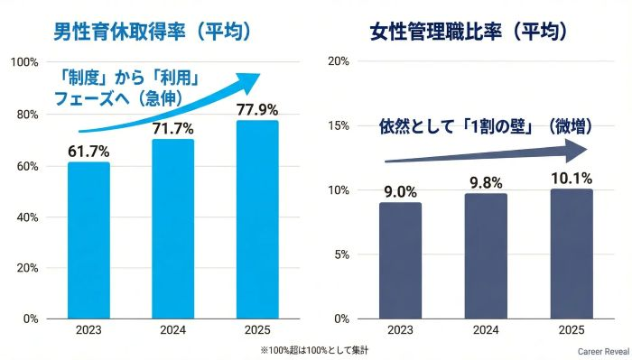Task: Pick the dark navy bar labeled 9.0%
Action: coord(399,261)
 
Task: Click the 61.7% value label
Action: coord(88,151)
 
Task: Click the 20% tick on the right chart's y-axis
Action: coord(337,62)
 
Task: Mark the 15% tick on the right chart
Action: coord(337,126)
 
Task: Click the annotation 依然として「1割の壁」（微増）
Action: coord(479,126)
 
